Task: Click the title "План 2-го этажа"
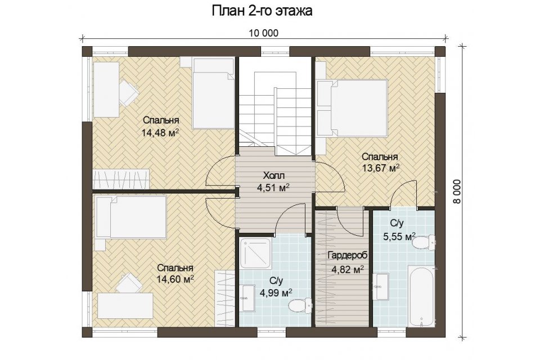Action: pos(262,11)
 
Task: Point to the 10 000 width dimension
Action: pos(263,33)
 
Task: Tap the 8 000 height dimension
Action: pos(457,192)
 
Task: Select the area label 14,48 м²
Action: pos(160,133)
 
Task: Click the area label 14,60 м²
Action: pos(175,278)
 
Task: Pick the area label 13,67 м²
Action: pos(381,168)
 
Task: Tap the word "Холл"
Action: pos(274,176)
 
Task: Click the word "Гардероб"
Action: pos(348,255)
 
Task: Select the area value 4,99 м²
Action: pos(276,293)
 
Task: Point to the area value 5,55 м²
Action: pos(399,236)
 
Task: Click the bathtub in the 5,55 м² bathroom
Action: pos(421,295)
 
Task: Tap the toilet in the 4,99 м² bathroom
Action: pos(299,305)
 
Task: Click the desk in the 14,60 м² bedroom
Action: pos(125,305)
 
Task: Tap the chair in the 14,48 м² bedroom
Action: pos(128,92)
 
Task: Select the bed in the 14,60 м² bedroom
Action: pos(131,217)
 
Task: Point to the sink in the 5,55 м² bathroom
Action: pos(381,286)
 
